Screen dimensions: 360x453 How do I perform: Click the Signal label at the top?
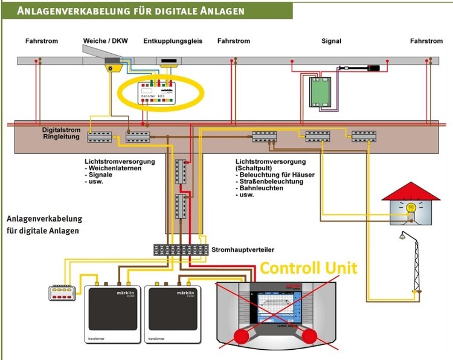[331, 41]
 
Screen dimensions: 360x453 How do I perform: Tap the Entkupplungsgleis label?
[173, 41]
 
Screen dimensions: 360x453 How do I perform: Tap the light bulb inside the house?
[410, 210]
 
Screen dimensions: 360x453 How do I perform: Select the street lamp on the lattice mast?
[400, 237]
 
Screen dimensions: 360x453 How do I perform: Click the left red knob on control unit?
[243, 337]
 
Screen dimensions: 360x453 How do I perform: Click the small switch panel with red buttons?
[63, 293]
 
